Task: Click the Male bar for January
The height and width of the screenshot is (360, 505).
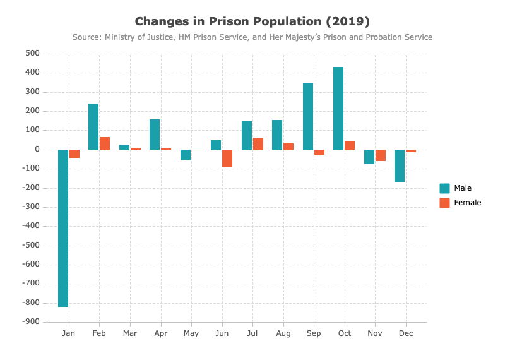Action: tap(63, 228)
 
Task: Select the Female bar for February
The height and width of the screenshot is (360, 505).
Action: tap(105, 143)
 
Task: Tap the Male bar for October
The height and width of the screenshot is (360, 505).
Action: tap(338, 108)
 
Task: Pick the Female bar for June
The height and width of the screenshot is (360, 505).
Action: tap(227, 159)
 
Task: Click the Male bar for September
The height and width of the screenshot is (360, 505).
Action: tap(308, 116)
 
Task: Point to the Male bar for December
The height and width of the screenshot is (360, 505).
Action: tap(400, 165)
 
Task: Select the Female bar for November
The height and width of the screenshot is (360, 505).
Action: tap(381, 155)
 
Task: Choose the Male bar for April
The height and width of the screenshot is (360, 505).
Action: tap(155, 135)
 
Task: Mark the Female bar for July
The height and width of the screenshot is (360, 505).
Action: tap(258, 144)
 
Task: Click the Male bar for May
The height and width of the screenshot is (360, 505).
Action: tap(186, 155)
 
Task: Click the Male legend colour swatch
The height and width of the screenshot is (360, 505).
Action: tap(444, 188)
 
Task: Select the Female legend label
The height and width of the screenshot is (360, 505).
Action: tap(468, 203)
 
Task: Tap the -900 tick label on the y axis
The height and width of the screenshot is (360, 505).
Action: tap(30, 321)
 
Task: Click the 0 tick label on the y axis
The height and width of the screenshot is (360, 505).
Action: tap(37, 150)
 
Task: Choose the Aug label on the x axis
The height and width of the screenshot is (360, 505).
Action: tap(283, 333)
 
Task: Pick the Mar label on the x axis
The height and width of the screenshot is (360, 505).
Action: tap(130, 333)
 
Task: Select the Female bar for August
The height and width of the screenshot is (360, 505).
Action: tap(288, 147)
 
